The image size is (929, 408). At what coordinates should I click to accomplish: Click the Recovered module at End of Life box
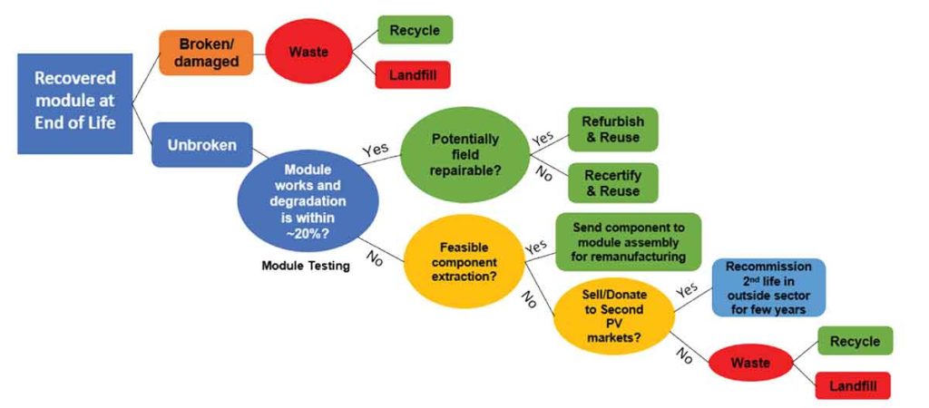(x=75, y=102)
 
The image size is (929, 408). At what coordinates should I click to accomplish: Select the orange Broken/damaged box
(x=206, y=53)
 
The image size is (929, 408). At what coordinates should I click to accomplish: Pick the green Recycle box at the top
(x=415, y=30)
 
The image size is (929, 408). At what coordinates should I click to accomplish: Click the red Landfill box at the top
(x=415, y=75)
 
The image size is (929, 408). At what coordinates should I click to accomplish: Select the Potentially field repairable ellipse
(x=464, y=154)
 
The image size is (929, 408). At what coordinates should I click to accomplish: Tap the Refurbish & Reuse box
(x=612, y=129)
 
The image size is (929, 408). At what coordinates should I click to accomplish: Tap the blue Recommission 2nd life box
(x=768, y=287)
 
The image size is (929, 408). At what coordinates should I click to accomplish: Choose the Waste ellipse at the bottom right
(x=752, y=363)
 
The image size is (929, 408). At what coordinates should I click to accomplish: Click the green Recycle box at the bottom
(x=855, y=341)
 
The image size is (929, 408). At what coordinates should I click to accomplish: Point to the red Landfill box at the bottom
(x=853, y=385)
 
